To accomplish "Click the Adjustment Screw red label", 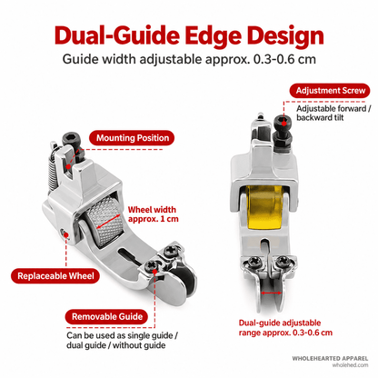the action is pyautogui.click(x=330, y=91).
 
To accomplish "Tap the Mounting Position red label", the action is pyautogui.click(x=132, y=138).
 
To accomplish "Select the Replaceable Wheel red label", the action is pyautogui.click(x=55, y=276).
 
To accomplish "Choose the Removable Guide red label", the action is pyautogui.click(x=107, y=317).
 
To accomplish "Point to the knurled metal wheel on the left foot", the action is pyautogui.click(x=104, y=222).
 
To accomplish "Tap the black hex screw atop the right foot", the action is pyautogui.click(x=283, y=130).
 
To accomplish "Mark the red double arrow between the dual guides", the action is pyautogui.click(x=271, y=293).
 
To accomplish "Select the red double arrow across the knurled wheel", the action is pyautogui.click(x=108, y=222).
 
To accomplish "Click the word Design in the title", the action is pyautogui.click(x=285, y=36).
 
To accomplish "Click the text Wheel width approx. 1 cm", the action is pyautogui.click(x=153, y=214).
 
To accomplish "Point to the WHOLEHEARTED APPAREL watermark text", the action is pyautogui.click(x=330, y=359).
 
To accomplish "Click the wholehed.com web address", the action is pyautogui.click(x=350, y=365).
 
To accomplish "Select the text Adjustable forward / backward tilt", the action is pyautogui.click(x=333, y=113).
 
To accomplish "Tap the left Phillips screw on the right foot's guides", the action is pyautogui.click(x=254, y=261).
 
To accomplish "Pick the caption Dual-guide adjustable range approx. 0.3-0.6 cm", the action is pyautogui.click(x=285, y=328).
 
